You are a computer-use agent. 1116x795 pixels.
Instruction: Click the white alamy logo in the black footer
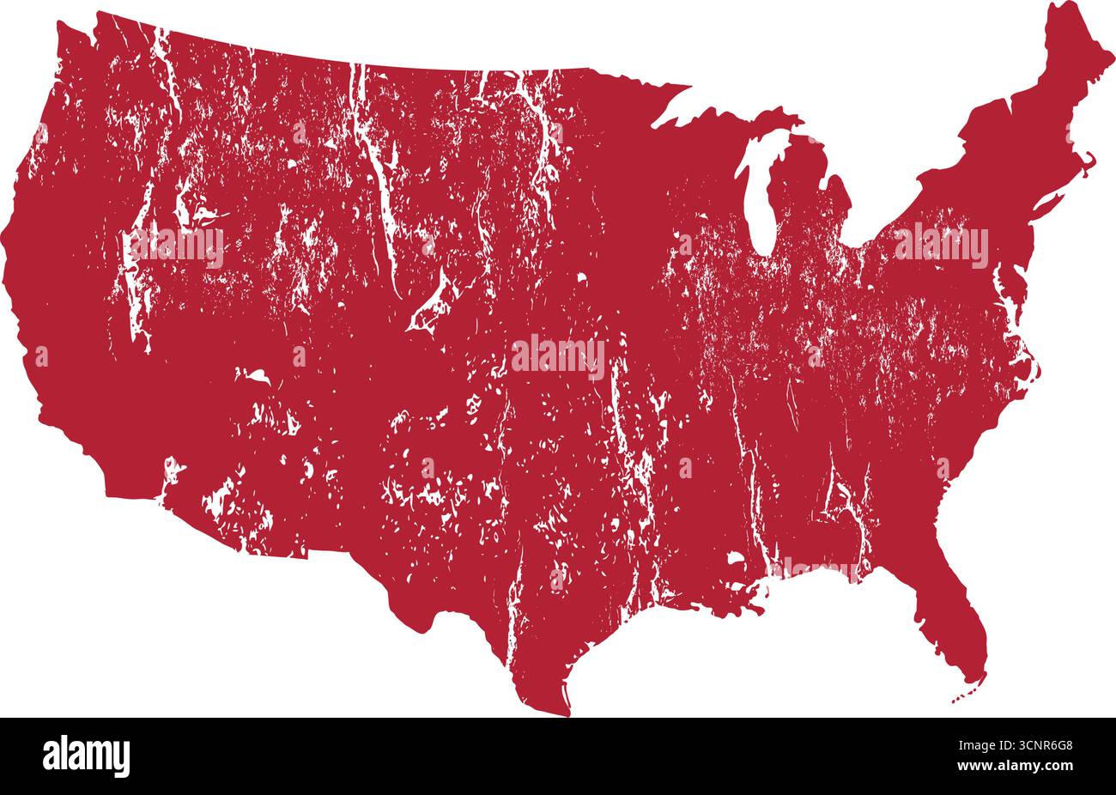[x=87, y=756]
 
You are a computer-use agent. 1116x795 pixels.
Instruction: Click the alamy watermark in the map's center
[x=558, y=355]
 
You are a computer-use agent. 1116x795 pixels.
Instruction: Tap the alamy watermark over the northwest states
[x=177, y=247]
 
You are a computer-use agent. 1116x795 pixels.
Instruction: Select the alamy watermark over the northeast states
[x=941, y=246]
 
